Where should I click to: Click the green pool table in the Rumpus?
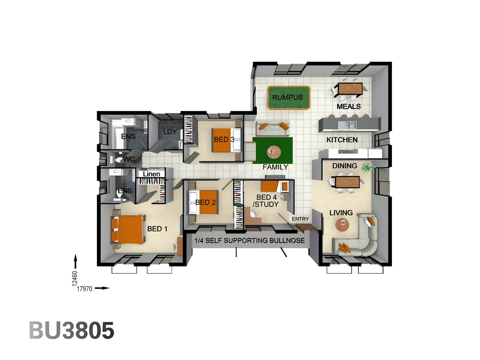click(x=289, y=97)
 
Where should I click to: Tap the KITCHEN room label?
click(x=342, y=140)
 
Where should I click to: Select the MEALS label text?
click(x=349, y=106)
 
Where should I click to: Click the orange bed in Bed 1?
click(x=130, y=229)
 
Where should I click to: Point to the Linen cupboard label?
click(x=151, y=174)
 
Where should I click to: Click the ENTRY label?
click(x=300, y=219)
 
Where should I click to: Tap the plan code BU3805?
click(x=72, y=330)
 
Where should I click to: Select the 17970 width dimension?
click(x=84, y=289)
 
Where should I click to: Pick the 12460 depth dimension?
click(x=75, y=278)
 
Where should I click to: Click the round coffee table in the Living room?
click(x=342, y=225)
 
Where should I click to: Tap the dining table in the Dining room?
click(x=347, y=182)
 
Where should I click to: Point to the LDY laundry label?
click(x=170, y=132)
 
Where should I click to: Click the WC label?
click(x=129, y=159)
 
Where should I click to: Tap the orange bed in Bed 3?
click(x=224, y=140)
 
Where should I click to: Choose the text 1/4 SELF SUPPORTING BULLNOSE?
click(x=250, y=240)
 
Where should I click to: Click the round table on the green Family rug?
click(x=274, y=152)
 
